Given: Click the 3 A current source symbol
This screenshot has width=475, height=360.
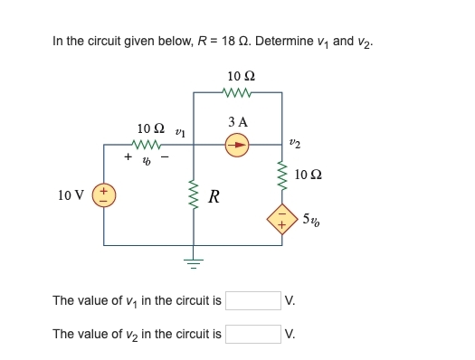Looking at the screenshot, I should click(x=237, y=143).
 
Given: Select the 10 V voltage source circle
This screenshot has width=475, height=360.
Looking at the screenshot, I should click(x=103, y=194).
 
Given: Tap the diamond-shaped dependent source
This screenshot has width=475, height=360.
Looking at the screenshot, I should click(x=282, y=217).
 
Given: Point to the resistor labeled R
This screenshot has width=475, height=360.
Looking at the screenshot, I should click(x=193, y=194).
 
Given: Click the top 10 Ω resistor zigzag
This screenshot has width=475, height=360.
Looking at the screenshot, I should click(x=237, y=91).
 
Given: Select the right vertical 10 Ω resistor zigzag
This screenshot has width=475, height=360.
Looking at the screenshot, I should click(x=282, y=172).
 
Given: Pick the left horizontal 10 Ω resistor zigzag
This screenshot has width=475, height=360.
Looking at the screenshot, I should click(x=147, y=143).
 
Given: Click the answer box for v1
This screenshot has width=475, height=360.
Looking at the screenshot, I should click(x=252, y=300).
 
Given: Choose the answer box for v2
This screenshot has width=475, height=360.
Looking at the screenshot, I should click(x=252, y=334).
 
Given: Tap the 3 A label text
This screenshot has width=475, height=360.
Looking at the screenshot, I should click(x=238, y=121).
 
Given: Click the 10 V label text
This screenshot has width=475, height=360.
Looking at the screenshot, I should click(x=71, y=194).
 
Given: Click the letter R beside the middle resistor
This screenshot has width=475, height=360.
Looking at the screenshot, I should click(x=214, y=195).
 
